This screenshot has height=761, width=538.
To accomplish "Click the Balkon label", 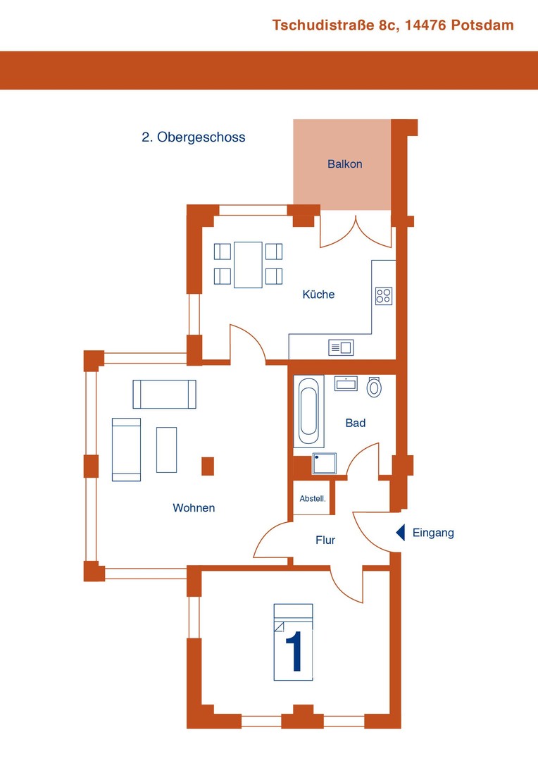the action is (x=344, y=164).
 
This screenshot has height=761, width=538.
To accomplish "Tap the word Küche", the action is (x=318, y=294).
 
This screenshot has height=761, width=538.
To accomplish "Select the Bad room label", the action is (x=355, y=423).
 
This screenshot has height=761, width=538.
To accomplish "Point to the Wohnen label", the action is (x=194, y=507).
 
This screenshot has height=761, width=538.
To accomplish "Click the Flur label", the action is (x=325, y=540).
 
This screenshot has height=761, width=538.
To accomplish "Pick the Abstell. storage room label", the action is (x=313, y=498).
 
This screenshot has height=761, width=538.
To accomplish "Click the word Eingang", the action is (x=433, y=533).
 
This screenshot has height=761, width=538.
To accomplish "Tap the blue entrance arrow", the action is (x=401, y=533).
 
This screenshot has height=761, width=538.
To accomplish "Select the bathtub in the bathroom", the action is (x=308, y=411).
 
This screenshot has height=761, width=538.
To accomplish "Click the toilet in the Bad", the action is (x=374, y=387).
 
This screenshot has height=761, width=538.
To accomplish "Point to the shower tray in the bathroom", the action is (x=324, y=463).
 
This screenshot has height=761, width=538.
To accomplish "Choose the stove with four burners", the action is (x=384, y=296).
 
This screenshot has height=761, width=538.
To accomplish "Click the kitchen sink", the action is (x=341, y=347).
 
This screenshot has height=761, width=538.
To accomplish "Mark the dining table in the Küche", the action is (x=248, y=264).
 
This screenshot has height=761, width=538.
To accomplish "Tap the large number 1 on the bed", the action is (x=294, y=651).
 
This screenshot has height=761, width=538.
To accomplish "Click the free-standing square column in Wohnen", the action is (x=208, y=466).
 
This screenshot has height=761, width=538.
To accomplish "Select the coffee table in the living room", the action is (x=166, y=450).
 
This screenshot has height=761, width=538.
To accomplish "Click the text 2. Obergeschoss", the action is (x=194, y=137).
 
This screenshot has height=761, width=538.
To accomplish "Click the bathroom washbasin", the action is (x=346, y=383).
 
